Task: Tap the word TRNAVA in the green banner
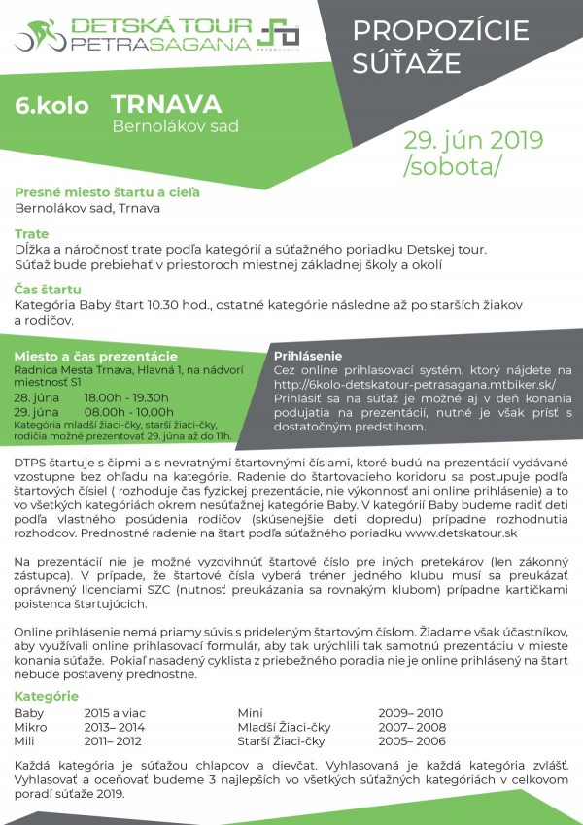(x=166, y=104)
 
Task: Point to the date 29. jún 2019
(x=473, y=140)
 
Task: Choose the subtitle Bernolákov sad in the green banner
(x=175, y=126)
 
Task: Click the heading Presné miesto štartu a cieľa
(x=107, y=192)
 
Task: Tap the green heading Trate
(x=32, y=234)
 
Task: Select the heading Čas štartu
(x=48, y=290)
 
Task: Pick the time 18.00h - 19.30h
(x=126, y=397)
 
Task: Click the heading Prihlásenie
(x=308, y=356)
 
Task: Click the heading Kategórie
(x=47, y=696)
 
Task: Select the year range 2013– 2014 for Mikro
(x=115, y=726)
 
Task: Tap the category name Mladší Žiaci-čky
(x=282, y=726)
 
